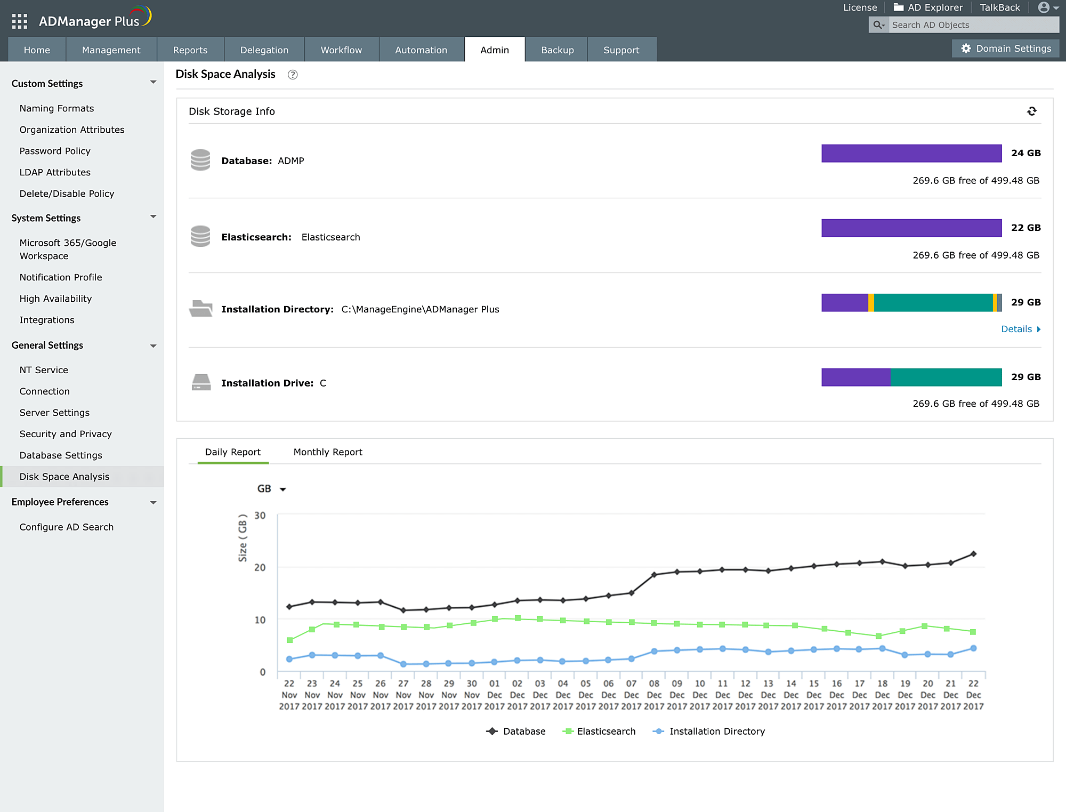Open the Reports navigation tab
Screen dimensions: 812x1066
190,50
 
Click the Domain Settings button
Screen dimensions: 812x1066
1006,49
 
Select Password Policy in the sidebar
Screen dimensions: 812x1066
55,151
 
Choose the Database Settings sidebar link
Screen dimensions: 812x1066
61,455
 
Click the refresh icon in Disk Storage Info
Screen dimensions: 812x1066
1032,111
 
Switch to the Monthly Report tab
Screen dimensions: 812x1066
328,452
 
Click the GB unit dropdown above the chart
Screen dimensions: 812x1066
271,489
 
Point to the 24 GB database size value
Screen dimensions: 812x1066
1025,153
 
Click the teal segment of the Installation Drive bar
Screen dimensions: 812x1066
946,377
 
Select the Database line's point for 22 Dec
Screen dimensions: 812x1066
973,554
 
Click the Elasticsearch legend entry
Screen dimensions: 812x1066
599,731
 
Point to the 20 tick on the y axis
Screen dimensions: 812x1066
260,567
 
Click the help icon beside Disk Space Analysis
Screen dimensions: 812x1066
293,75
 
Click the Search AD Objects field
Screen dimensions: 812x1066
973,25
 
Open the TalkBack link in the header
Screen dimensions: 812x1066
999,7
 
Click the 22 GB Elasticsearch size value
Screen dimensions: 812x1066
1025,228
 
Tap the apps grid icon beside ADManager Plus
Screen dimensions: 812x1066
20,21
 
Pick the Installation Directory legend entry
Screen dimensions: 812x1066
709,731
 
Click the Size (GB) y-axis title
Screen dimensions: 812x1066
243,537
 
